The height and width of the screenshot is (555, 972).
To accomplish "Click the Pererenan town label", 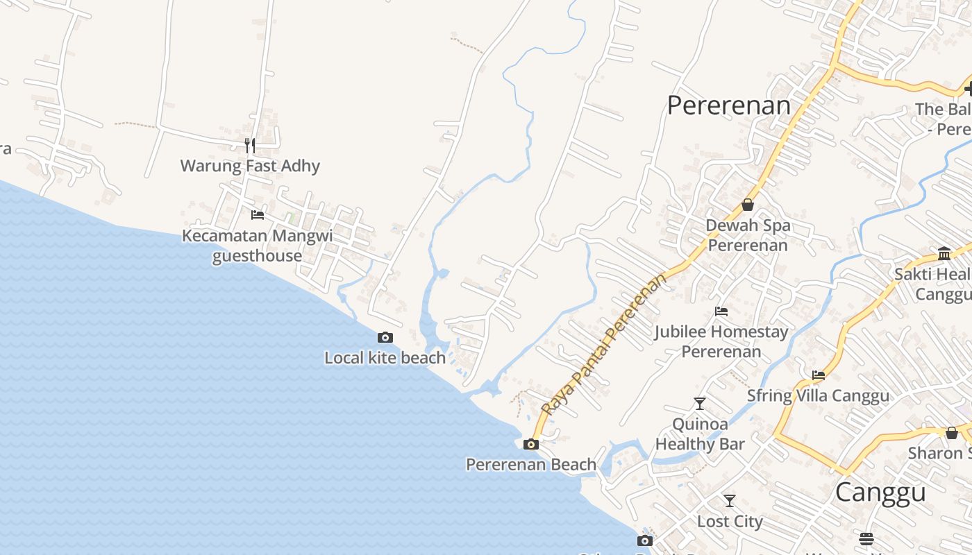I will pyautogui.click(x=728, y=105).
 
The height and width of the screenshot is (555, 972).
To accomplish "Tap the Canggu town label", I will pyautogui.click(x=880, y=492).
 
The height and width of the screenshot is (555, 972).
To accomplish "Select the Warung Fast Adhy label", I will pyautogui.click(x=250, y=166).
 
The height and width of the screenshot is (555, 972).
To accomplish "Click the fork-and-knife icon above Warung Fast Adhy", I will pyautogui.click(x=250, y=145).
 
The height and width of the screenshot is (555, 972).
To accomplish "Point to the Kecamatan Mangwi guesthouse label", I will pyautogui.click(x=257, y=246).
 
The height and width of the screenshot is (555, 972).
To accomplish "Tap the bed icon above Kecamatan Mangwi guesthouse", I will pyautogui.click(x=258, y=214).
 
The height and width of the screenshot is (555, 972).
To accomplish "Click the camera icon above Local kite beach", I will pyautogui.click(x=385, y=338).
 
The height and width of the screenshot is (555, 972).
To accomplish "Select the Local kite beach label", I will pyautogui.click(x=385, y=358).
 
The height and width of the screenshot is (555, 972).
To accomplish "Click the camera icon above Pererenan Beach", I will pyautogui.click(x=531, y=444).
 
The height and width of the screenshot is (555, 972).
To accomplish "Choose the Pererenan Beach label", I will pyautogui.click(x=530, y=465).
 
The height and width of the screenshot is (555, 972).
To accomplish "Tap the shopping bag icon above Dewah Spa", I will pyautogui.click(x=748, y=205).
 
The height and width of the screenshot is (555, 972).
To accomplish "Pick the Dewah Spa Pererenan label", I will pyautogui.click(x=748, y=235).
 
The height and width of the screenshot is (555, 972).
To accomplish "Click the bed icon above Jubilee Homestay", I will pyautogui.click(x=721, y=311).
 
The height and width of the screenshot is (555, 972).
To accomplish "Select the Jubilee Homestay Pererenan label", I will pyautogui.click(x=721, y=341).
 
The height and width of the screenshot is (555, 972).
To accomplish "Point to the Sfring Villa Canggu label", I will pyautogui.click(x=818, y=396).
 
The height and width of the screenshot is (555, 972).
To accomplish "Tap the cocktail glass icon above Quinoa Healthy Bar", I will pyautogui.click(x=700, y=403).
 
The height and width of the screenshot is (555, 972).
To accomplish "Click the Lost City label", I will pyautogui.click(x=730, y=522).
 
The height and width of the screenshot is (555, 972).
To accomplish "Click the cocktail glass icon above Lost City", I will pyautogui.click(x=730, y=500).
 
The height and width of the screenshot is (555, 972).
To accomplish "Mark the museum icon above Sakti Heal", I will pyautogui.click(x=944, y=253).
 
